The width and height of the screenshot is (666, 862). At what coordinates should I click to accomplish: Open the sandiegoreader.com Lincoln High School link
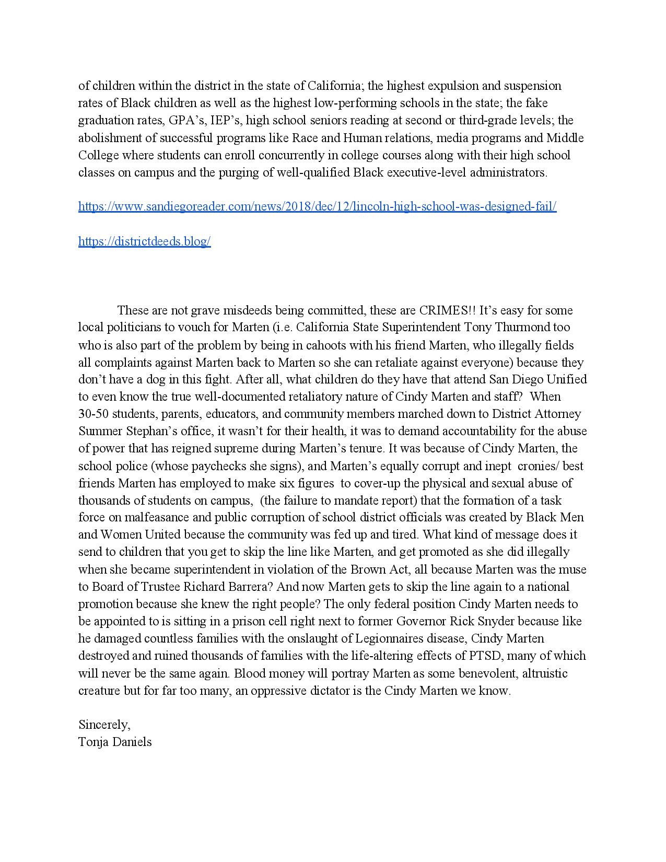(x=317, y=206)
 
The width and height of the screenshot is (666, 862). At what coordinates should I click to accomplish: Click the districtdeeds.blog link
(x=144, y=241)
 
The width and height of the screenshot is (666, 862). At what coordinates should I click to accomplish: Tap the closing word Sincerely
(x=104, y=725)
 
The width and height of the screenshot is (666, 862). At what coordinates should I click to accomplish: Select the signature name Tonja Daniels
(x=115, y=742)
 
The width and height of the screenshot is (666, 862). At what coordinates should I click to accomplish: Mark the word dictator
(x=340, y=691)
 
